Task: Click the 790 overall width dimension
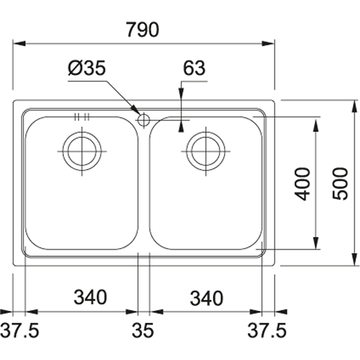(143, 30)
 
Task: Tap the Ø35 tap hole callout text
(87, 68)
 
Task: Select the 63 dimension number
(194, 68)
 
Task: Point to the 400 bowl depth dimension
(302, 184)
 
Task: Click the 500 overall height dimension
(340, 184)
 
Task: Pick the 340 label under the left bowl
(90, 297)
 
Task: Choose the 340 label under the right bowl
(207, 298)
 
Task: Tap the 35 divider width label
(143, 330)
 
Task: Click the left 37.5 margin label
(20, 330)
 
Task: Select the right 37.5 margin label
(267, 330)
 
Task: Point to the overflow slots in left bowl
(82, 117)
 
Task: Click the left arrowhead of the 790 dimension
(19, 44)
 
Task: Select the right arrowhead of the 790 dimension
(268, 44)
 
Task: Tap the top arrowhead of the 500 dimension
(355, 106)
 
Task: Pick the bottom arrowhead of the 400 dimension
(316, 243)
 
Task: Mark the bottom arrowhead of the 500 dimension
(355, 260)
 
